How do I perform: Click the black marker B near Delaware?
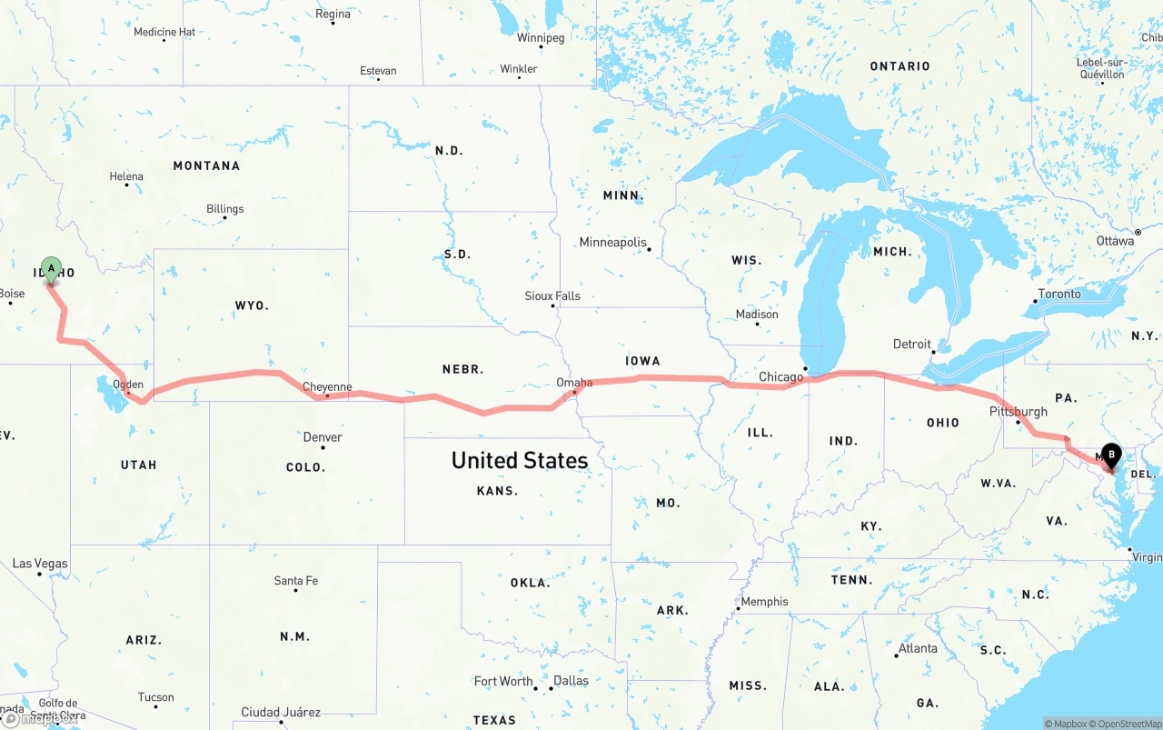[1110, 455]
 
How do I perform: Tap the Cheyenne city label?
[327, 387]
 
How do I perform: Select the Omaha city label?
[574, 383]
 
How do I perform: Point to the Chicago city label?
[781, 376]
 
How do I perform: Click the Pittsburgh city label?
[1018, 412]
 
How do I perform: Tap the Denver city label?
[323, 437]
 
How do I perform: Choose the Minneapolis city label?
[613, 243]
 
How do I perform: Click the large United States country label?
[520, 460]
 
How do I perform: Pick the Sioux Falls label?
[552, 296]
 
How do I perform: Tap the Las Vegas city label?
[40, 564]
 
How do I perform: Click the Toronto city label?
[1059, 294]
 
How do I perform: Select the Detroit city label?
[912, 344]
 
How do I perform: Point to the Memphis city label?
[765, 602]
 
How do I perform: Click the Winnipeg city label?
[541, 38]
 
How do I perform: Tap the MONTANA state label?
[206, 165]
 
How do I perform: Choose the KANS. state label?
[497, 491]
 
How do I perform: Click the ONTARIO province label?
[900, 66]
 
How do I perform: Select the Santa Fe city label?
[296, 581]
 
